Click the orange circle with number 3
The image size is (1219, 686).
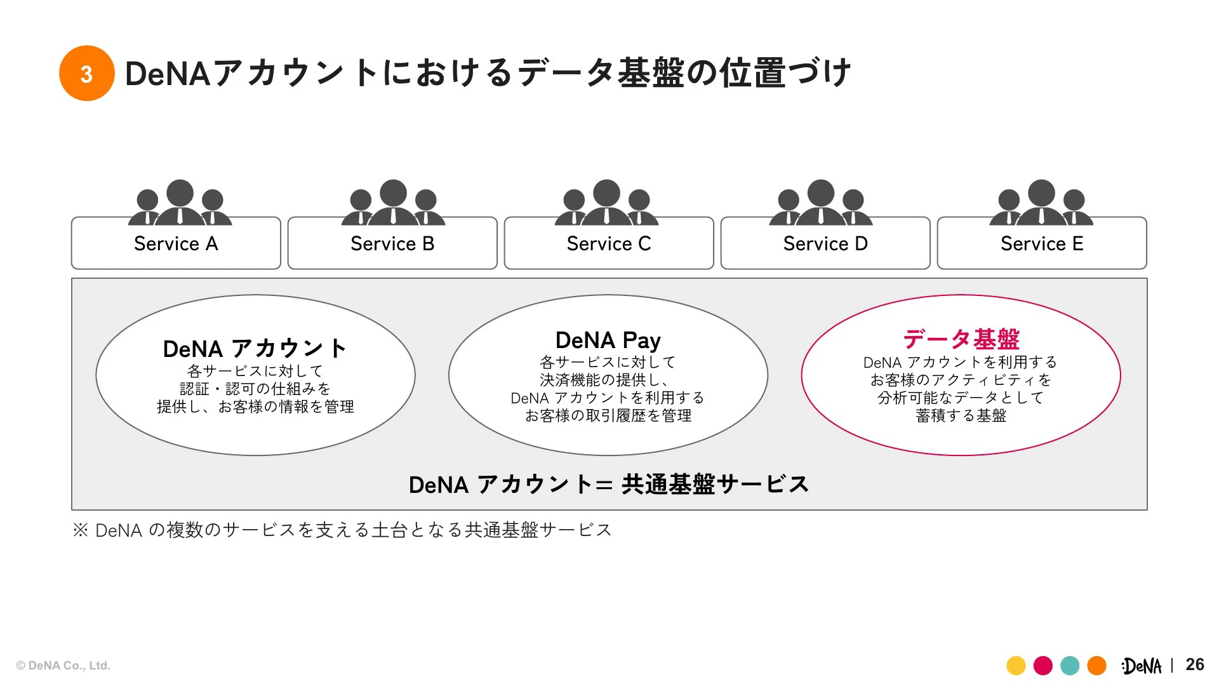(x=87, y=73)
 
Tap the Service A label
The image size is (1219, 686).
(x=176, y=244)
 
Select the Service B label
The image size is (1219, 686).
(x=392, y=244)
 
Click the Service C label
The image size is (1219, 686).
(x=609, y=244)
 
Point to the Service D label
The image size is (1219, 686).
(x=825, y=244)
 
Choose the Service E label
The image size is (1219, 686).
(x=1042, y=244)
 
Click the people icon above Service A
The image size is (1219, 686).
(x=180, y=203)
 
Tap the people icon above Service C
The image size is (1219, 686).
(x=606, y=203)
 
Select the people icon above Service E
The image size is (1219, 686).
(x=1041, y=203)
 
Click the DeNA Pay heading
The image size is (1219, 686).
(x=608, y=340)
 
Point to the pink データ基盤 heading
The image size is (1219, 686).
(x=961, y=339)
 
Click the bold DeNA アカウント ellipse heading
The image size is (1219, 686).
(x=255, y=349)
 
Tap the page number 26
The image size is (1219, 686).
(x=1194, y=664)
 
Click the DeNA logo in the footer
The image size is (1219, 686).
(x=1142, y=666)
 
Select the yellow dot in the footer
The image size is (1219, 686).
(x=1016, y=666)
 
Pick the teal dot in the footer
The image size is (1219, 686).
(x=1070, y=666)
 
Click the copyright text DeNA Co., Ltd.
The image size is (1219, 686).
(x=63, y=666)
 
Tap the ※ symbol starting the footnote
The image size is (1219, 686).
(x=81, y=530)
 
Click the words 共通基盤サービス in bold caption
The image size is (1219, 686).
(x=715, y=485)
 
